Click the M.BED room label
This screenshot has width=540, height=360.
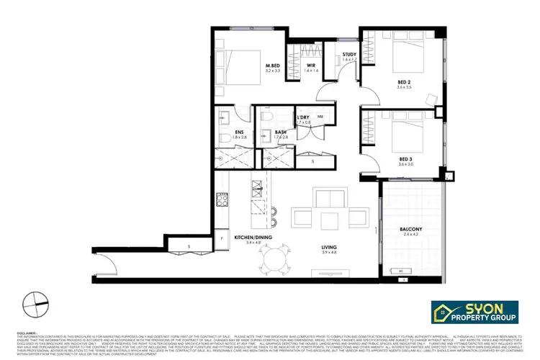pos(271,66)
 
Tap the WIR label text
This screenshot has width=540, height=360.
pos(310,66)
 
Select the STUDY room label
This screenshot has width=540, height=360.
pos(349,55)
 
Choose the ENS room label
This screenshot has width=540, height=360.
pos(239,132)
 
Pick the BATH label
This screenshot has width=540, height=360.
pos(281,132)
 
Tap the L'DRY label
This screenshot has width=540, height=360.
pos(302,118)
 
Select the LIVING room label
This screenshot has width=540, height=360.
pos(329,248)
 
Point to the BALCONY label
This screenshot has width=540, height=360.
pos(410,229)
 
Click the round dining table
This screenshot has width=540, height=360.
pos(276,258)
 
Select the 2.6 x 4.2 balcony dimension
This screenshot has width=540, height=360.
pos(410,235)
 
